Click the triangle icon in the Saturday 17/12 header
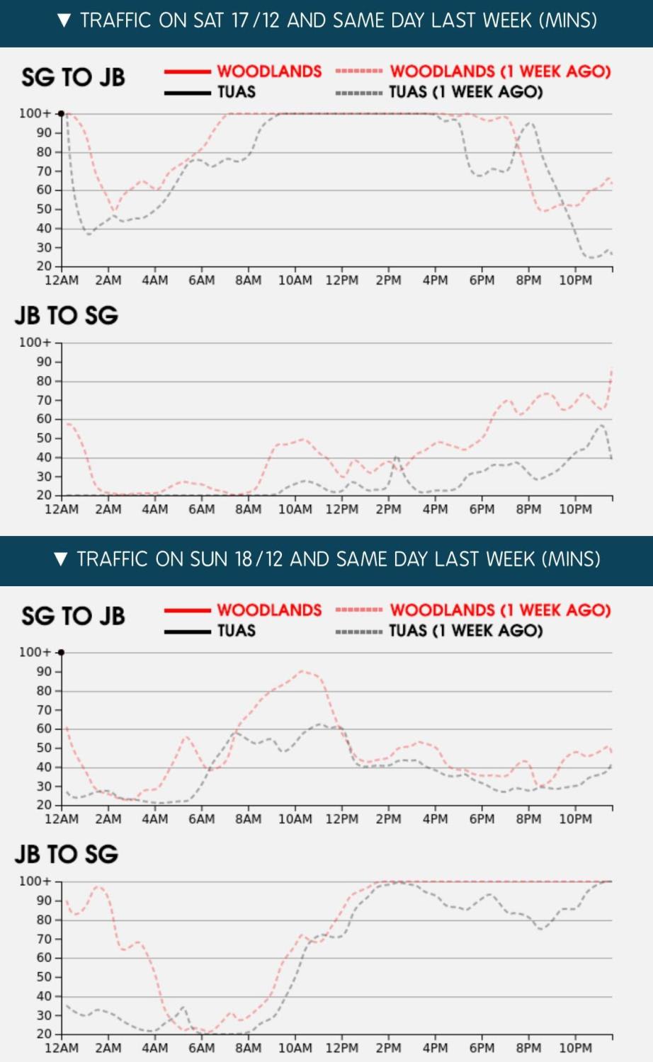(64, 21)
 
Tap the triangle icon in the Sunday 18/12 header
(61, 559)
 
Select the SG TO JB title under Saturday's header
(73, 77)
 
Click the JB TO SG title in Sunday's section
(67, 854)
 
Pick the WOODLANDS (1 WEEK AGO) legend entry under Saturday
(473, 71)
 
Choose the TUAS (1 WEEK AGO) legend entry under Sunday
(439, 630)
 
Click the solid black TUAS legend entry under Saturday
(210, 92)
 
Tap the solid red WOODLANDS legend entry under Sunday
(243, 610)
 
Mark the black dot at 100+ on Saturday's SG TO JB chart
(62, 113)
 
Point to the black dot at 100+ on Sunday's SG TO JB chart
(62, 652)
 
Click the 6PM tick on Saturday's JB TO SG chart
(482, 509)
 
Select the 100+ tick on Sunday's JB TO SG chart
(35, 881)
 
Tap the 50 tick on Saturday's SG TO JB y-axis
(44, 209)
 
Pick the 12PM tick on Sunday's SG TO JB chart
(342, 819)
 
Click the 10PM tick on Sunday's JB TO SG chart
(575, 1048)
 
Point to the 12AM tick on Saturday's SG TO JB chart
(62, 280)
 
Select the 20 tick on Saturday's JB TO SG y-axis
(44, 495)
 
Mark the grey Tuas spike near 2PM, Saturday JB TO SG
(396, 457)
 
